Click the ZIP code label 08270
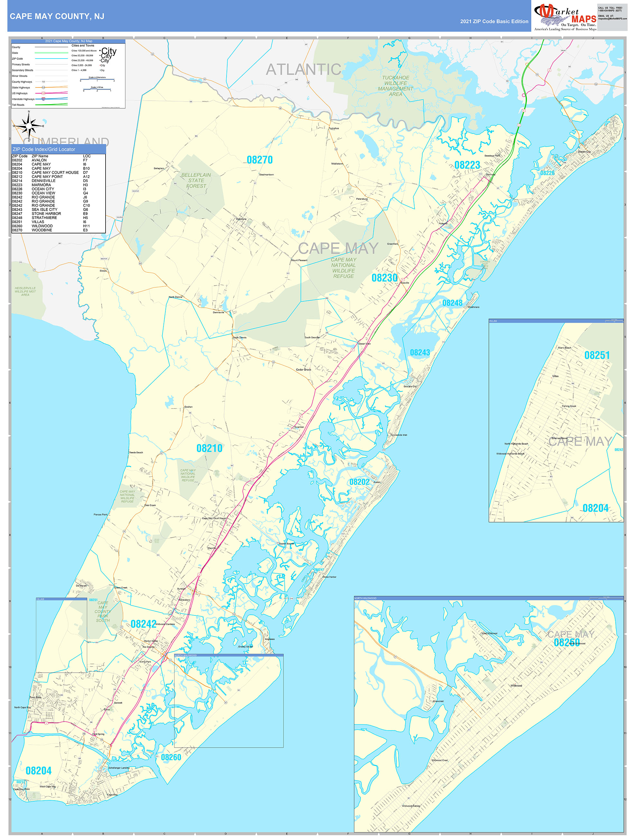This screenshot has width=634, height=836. [259, 160]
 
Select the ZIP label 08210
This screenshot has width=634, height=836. [209, 448]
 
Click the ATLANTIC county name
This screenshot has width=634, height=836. [303, 69]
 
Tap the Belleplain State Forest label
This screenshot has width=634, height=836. [196, 180]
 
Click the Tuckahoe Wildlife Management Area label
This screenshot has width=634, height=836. [395, 86]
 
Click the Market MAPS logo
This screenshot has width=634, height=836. [565, 17]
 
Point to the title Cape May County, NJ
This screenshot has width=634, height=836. [57, 16]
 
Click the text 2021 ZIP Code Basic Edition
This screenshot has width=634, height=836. [494, 22]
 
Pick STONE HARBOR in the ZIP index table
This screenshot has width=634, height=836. [46, 214]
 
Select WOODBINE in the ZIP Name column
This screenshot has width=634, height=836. [42, 230]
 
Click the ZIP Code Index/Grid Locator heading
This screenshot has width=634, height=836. [44, 149]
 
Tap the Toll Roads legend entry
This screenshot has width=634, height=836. [18, 105]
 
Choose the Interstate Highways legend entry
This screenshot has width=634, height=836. [23, 99]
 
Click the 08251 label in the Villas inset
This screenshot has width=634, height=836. [597, 355]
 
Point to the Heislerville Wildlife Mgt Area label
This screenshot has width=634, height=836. [25, 291]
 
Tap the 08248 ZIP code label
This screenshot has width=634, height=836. [452, 303]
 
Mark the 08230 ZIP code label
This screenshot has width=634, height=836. [384, 278]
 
